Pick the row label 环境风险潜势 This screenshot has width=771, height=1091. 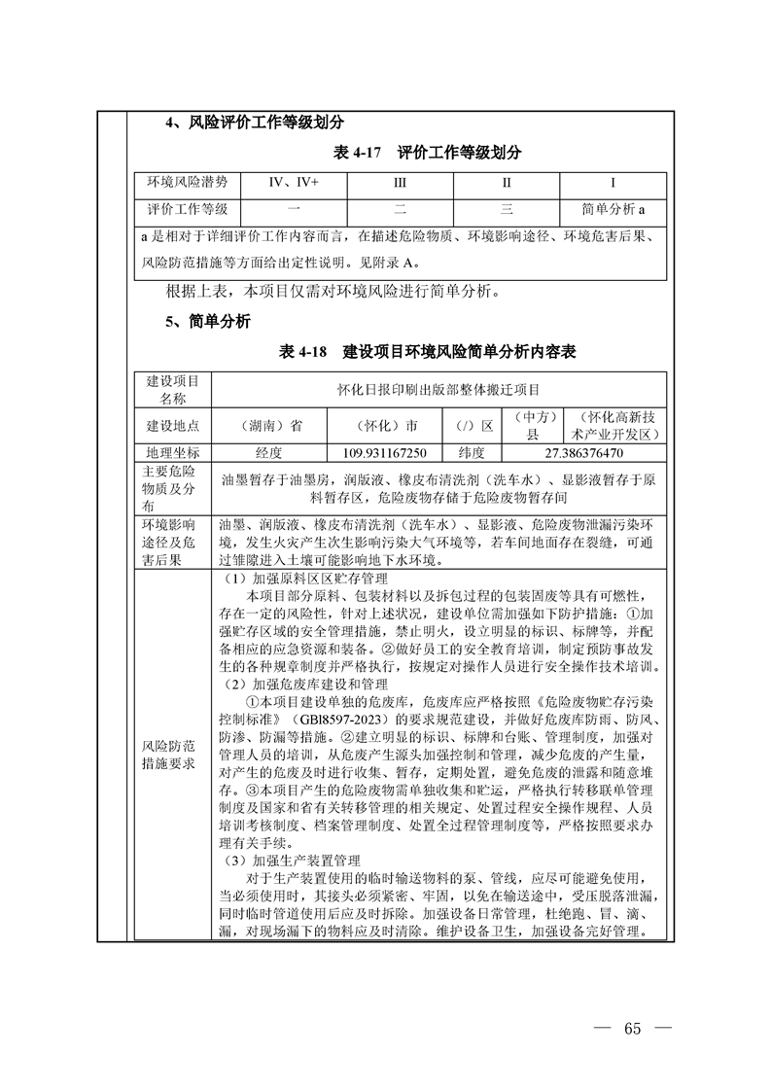(188, 183)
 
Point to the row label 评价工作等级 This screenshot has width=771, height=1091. (188, 209)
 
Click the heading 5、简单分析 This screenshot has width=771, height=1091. (208, 321)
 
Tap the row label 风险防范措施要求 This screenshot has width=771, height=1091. (173, 755)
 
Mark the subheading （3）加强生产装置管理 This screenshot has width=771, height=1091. (294, 861)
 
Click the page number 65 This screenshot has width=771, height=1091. (634, 1030)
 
